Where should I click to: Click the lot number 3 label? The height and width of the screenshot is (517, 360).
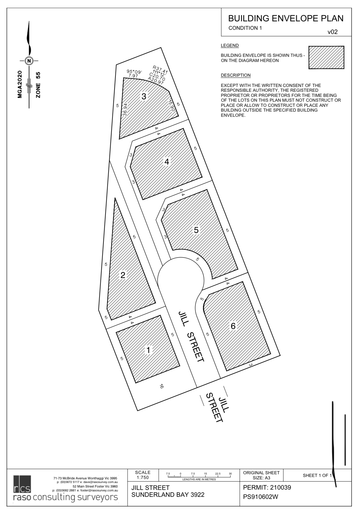pyautogui.click(x=144, y=97)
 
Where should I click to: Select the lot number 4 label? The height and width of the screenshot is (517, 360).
pyautogui.click(x=167, y=162)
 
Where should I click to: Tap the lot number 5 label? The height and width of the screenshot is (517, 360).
pyautogui.click(x=196, y=230)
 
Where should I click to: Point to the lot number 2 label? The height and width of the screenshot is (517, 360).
pyautogui.click(x=123, y=275)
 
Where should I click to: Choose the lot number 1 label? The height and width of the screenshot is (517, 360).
pyautogui.click(x=148, y=350)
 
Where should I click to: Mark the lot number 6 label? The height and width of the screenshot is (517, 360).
pyautogui.click(x=233, y=326)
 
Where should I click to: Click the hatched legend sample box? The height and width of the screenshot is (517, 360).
pyautogui.click(x=326, y=57)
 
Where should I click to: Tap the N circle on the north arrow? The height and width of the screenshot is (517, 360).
pyautogui.click(x=29, y=60)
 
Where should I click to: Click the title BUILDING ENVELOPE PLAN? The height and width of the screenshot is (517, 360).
pyautogui.click(x=286, y=18)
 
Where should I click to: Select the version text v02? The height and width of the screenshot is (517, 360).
pyautogui.click(x=332, y=32)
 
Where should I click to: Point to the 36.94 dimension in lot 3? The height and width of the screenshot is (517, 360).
pyautogui.click(x=125, y=110)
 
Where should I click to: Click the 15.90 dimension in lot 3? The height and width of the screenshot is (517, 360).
pyautogui.click(x=171, y=106)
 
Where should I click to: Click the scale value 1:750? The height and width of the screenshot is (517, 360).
pyautogui.click(x=143, y=478)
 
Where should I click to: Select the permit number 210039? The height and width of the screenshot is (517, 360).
pyautogui.click(x=278, y=488)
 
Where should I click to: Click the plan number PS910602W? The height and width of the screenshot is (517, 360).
pyautogui.click(x=260, y=497)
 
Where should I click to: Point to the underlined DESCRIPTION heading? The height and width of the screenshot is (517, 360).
pyautogui.click(x=235, y=75)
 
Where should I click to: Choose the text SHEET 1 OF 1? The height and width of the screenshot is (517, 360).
pyautogui.click(x=317, y=476)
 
